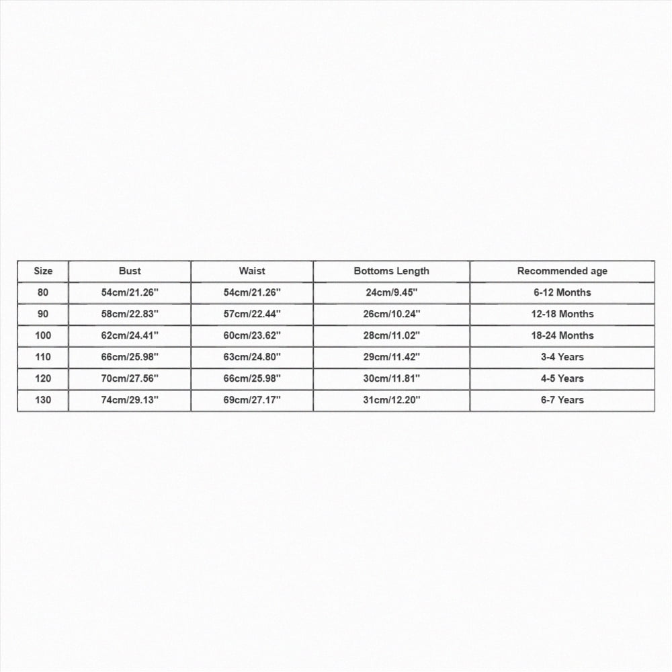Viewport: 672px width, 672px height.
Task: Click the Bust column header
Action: [130, 271]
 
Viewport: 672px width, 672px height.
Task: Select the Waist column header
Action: [252, 271]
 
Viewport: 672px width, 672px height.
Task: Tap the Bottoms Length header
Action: [391, 271]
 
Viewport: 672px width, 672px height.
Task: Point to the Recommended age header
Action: [562, 271]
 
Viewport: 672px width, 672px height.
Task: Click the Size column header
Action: [43, 271]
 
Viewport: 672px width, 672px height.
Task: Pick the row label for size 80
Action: [43, 293]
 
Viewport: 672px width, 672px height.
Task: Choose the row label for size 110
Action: [43, 358]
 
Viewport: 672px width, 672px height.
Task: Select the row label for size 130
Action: [43, 401]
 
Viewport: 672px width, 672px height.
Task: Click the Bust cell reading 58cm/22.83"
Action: [130, 314]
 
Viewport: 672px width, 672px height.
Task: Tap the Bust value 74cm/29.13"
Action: [130, 401]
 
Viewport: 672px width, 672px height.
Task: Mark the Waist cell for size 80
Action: [252, 293]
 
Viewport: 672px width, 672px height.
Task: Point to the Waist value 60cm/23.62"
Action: [252, 336]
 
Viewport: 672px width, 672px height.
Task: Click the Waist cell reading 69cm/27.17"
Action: [252, 401]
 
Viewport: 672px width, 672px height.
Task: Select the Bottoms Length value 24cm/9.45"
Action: [391, 293]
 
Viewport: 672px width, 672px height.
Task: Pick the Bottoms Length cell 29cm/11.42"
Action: [391, 358]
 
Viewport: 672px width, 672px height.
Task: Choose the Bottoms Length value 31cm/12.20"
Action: [391, 401]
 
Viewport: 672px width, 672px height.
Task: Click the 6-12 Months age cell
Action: [562, 293]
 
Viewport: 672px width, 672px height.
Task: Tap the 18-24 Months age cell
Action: [562, 336]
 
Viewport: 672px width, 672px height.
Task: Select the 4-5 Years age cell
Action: [562, 379]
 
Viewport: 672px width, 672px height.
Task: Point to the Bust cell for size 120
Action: [130, 379]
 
